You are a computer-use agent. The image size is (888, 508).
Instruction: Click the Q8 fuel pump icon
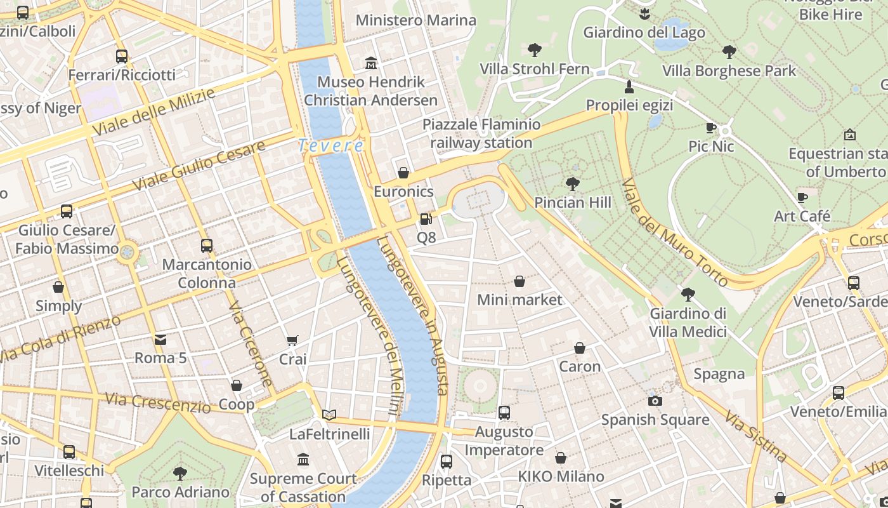tap(426, 219)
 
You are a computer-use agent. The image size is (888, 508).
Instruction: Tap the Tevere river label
tap(331, 145)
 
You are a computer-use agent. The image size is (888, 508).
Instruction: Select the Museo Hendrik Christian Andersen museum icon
tap(371, 63)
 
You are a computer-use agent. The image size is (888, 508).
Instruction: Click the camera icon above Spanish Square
tap(655, 401)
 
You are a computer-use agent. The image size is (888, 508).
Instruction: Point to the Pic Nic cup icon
tap(711, 128)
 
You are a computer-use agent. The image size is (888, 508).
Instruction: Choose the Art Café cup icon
tap(802, 197)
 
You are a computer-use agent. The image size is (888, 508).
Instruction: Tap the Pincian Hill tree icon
tap(573, 184)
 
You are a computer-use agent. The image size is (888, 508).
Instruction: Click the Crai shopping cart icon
tap(292, 341)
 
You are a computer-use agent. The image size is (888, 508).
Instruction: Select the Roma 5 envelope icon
tap(160, 340)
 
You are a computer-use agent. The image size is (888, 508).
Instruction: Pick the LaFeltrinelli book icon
tap(329, 415)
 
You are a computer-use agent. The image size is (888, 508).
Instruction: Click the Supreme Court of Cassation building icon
tap(303, 459)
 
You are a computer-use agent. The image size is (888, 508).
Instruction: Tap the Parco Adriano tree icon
tap(180, 473)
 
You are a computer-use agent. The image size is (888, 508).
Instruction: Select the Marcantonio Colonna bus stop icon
tap(206, 246)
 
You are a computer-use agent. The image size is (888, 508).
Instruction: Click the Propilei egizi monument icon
tap(629, 86)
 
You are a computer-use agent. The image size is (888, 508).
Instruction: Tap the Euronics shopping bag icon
tap(403, 173)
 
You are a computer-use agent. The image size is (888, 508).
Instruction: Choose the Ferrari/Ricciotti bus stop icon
tap(122, 57)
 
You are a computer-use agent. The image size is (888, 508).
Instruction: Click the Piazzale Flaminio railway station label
tap(481, 133)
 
